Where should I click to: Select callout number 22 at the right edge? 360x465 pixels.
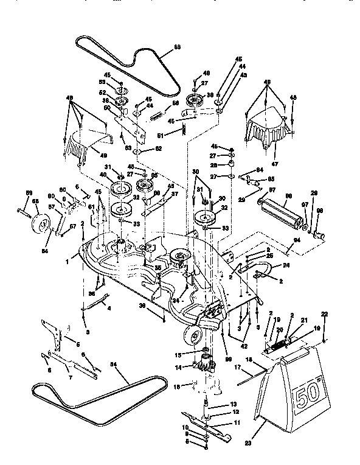324,314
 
